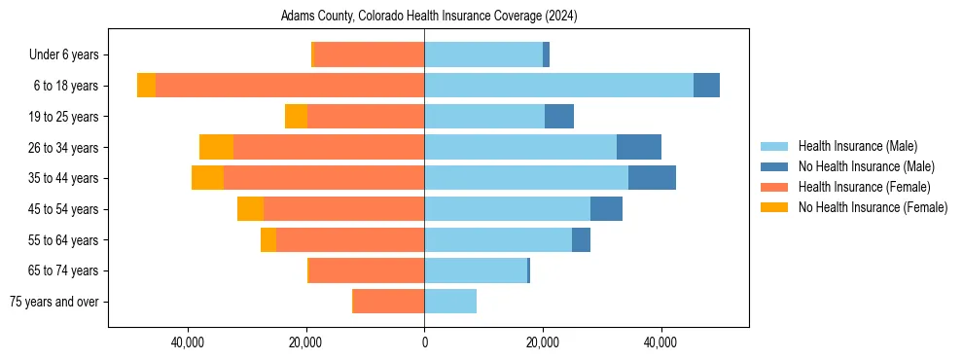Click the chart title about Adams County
[x=429, y=17]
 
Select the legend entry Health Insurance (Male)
[x=857, y=146]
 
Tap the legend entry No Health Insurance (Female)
[x=873, y=207]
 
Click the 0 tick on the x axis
[x=424, y=342]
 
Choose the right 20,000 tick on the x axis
[x=543, y=342]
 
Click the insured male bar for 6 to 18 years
[x=558, y=86]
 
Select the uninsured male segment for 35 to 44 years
[x=652, y=178]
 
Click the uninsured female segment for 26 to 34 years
[x=216, y=147]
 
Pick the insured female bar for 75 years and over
[x=388, y=302]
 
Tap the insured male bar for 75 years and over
[x=450, y=302]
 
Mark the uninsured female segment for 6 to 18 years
[x=146, y=86]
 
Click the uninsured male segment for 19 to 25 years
[x=559, y=117]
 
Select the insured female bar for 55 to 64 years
[x=350, y=239]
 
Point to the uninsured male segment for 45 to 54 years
[x=606, y=209]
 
